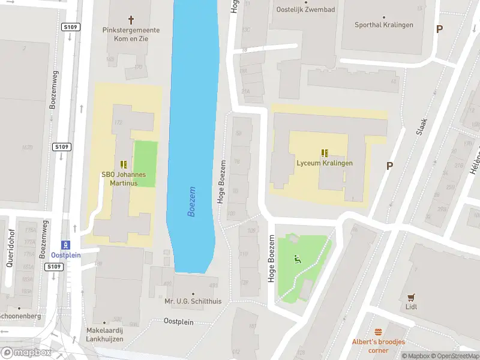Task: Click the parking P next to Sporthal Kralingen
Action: tap(439, 29)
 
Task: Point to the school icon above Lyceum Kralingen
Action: tap(325, 152)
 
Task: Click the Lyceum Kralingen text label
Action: tap(325, 163)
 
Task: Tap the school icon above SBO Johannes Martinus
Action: tap(124, 164)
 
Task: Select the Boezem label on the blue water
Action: tap(192, 201)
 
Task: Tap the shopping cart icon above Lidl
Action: tap(411, 296)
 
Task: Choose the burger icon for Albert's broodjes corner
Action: tap(379, 332)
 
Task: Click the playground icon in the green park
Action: tap(296, 259)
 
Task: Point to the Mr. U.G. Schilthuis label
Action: tap(193, 301)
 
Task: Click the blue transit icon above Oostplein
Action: tap(67, 244)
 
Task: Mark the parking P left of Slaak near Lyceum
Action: tap(389, 166)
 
